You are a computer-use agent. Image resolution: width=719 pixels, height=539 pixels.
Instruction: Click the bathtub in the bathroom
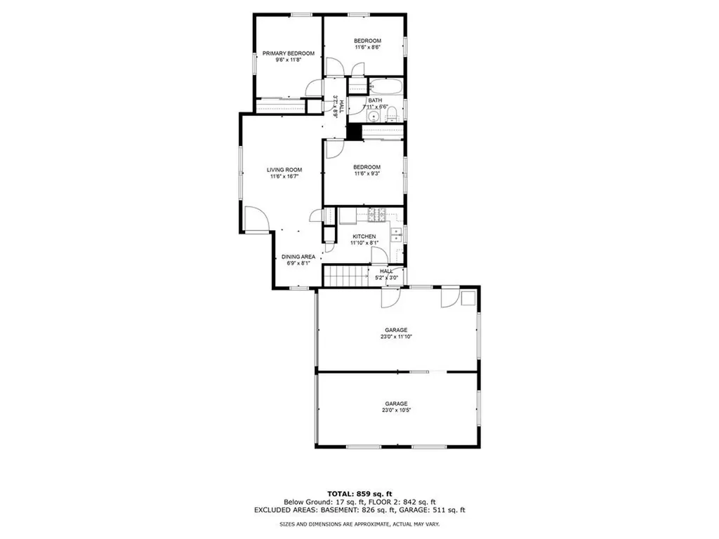385,86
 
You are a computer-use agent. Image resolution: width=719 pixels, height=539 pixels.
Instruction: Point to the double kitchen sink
396,234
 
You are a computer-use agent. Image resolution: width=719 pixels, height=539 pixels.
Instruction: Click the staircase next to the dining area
347,277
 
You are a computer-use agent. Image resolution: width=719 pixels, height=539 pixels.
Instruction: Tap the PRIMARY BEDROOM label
289,53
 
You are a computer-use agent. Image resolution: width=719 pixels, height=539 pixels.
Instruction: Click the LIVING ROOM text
284,170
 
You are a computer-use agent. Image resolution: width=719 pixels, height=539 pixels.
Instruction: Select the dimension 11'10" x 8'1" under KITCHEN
364,243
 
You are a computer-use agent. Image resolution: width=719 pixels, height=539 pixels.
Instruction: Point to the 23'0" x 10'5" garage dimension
396,410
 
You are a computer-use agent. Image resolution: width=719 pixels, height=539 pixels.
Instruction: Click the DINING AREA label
298,257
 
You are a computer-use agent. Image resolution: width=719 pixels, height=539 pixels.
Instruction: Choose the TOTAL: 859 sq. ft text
359,493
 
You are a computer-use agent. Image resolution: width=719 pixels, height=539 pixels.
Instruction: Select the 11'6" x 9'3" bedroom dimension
367,174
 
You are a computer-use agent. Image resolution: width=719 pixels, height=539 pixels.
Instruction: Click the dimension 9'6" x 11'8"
289,60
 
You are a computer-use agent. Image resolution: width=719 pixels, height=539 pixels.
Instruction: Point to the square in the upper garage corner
468,298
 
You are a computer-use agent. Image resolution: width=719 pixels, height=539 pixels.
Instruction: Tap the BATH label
375,100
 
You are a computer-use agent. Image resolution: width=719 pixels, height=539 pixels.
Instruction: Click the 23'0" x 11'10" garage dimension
396,336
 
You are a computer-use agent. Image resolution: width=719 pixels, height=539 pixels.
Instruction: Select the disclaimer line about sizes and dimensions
359,524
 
